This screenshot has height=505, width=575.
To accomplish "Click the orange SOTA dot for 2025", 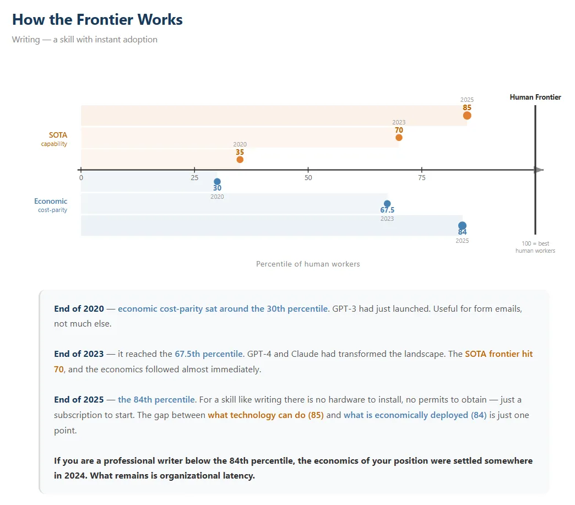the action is point(467,116).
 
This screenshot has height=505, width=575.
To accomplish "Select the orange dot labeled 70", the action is point(399,138).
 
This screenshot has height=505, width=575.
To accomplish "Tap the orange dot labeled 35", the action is point(240,160).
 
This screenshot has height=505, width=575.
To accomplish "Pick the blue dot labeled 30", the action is point(217,182).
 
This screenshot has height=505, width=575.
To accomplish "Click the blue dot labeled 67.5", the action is point(387,204).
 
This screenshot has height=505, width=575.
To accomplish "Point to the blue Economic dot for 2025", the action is point(463,226).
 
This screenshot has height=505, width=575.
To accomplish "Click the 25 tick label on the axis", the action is point(194,178).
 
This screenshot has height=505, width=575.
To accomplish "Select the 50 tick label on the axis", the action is point(308,178).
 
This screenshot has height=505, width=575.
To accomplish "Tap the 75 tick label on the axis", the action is point(422,178).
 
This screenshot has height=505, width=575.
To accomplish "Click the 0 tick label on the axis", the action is point(81,178).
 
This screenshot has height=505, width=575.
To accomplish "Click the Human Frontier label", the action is point(535,97).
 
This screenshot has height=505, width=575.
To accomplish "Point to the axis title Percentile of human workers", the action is point(308,264).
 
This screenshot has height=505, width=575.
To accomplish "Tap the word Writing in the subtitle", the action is point(26,40).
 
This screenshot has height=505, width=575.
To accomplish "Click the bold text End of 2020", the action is point(79,309).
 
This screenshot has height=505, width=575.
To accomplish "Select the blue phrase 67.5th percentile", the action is point(209,354).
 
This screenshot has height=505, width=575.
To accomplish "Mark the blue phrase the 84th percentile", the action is point(156,400).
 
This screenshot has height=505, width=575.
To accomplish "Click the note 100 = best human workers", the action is point(535,247).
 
